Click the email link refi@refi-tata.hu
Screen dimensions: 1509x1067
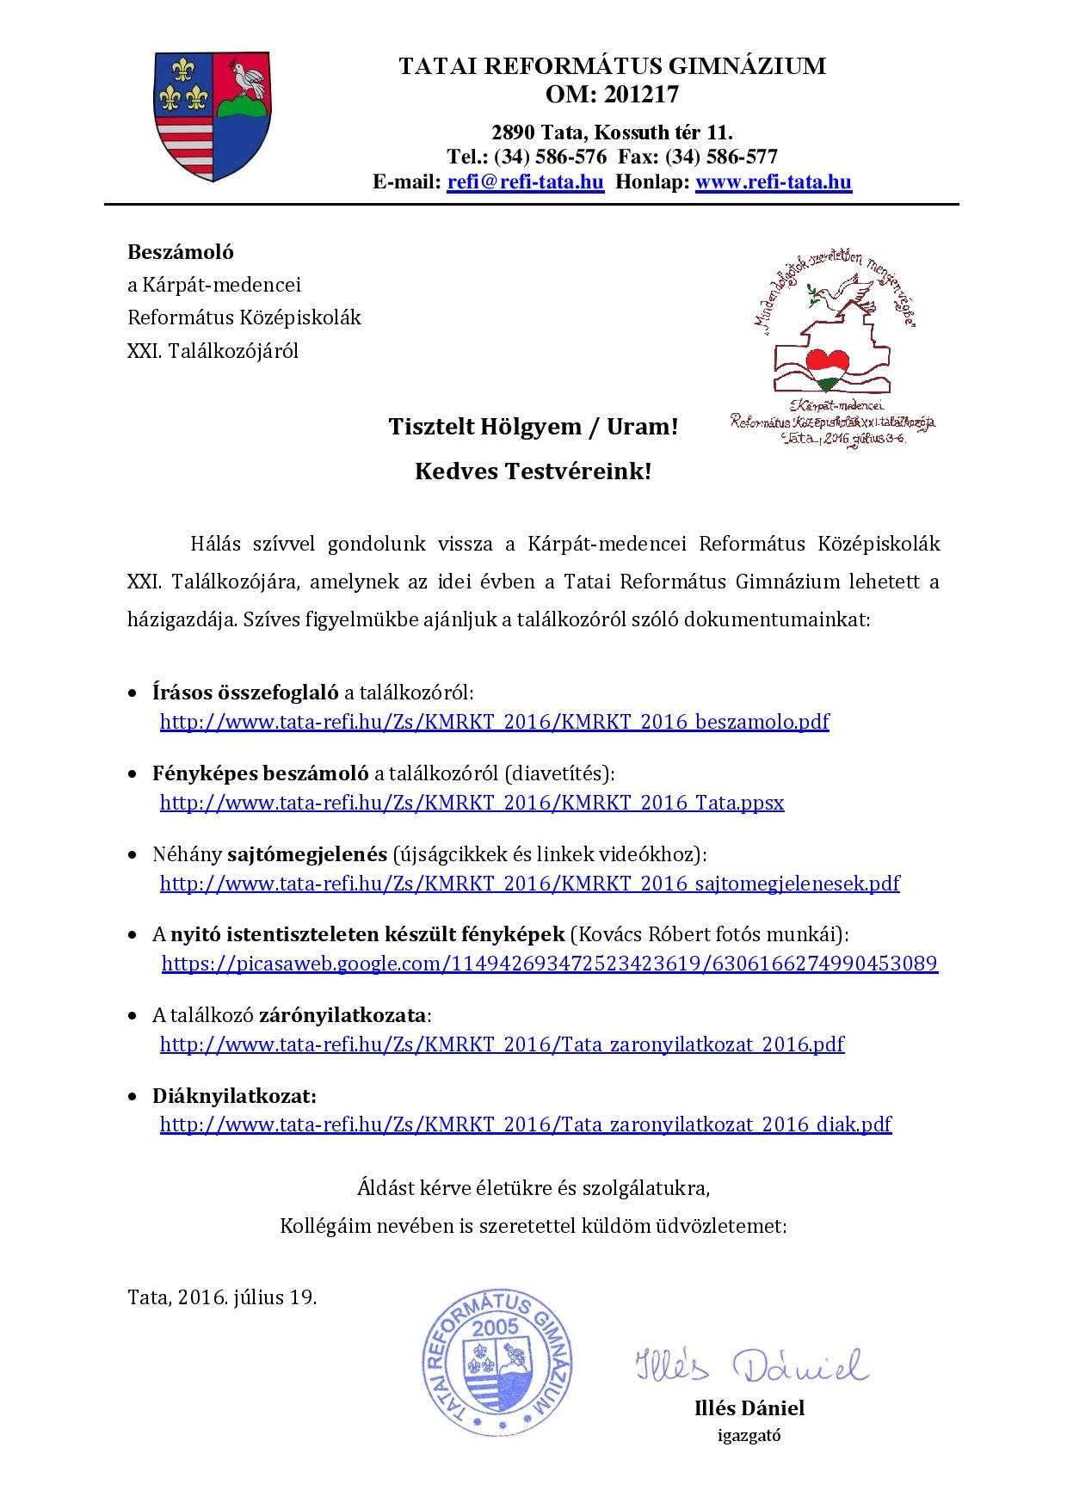pos(525,182)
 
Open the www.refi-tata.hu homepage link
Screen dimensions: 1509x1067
pos(773,182)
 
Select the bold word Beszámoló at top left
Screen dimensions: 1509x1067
pos(181,252)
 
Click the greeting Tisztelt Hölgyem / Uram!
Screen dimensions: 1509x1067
pos(533,427)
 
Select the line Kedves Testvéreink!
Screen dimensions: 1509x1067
pos(533,471)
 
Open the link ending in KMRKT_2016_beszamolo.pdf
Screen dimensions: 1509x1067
pos(494,721)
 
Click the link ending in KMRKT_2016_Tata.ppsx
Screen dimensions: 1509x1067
pos(472,803)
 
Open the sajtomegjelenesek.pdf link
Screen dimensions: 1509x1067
pos(529,883)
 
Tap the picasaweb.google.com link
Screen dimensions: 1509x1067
pos(549,963)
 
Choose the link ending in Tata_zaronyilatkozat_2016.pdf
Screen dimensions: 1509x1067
pos(502,1044)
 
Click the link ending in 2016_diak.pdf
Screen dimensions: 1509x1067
pos(525,1124)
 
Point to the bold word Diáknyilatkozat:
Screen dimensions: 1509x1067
pos(235,1096)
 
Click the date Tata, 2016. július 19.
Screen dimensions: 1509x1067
pos(222,1297)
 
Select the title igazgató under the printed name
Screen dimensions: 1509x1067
pos(749,1434)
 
